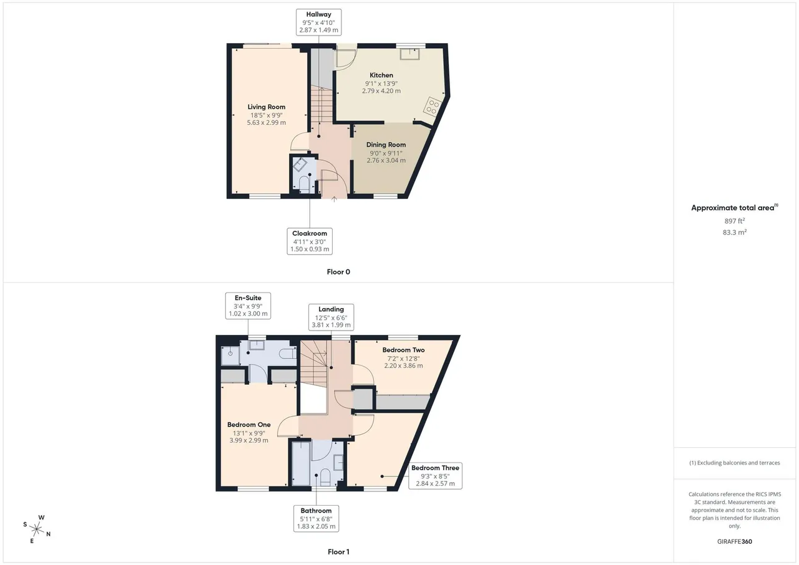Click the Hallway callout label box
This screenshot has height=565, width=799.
[x=318, y=22]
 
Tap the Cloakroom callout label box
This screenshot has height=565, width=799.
[x=310, y=241]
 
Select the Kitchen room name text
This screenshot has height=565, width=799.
[x=381, y=75]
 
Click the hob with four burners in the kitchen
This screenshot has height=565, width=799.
[x=433, y=107]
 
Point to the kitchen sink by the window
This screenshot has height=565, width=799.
[x=409, y=54]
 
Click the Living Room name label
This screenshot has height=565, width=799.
[x=267, y=107]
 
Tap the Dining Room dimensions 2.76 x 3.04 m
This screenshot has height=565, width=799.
[x=386, y=160]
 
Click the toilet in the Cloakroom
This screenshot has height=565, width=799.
[x=304, y=184]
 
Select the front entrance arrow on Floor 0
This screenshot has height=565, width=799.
[x=334, y=199]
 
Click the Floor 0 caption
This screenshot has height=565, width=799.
[x=338, y=272]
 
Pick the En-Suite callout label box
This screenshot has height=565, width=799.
[x=248, y=306]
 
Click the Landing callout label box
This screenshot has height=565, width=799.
[x=331, y=317]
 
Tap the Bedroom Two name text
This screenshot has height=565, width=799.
[x=403, y=350]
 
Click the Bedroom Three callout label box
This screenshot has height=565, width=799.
[x=435, y=476]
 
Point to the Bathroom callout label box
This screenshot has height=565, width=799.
[x=316, y=518]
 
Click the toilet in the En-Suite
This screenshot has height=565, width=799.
[x=288, y=354]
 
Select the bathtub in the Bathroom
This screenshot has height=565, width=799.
[x=301, y=463]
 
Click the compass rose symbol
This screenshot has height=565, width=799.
[x=37, y=529]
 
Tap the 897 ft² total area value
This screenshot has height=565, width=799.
[x=735, y=221]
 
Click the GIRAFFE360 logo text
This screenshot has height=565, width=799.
[x=735, y=541]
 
